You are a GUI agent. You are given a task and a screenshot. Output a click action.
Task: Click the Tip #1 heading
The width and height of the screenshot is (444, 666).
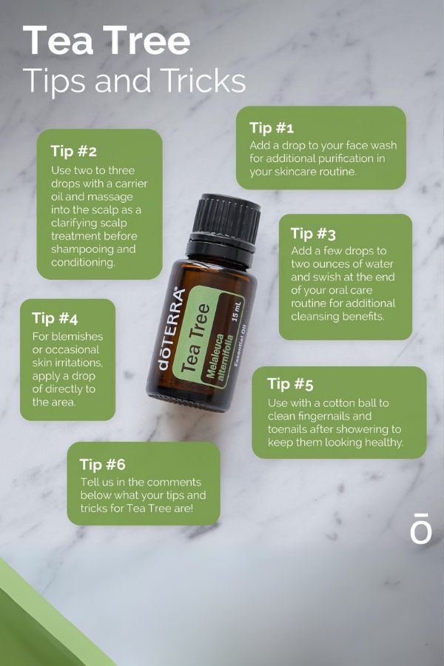pos(272,127)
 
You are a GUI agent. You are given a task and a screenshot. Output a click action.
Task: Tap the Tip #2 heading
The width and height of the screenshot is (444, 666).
pos(73,151)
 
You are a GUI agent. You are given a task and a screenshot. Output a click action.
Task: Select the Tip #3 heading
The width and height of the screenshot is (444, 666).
pos(313,234)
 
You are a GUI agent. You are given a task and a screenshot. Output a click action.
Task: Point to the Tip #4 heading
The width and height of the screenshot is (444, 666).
pos(55,318)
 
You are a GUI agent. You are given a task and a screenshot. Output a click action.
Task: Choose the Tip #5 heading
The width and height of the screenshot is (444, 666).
pos(290,384)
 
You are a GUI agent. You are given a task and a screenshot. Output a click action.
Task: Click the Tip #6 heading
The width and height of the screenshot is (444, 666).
pos(102,464)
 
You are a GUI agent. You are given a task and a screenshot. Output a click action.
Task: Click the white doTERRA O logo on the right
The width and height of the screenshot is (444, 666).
pos(420,528)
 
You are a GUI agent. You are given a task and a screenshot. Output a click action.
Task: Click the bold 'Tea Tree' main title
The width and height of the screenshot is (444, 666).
pos(107,41)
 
